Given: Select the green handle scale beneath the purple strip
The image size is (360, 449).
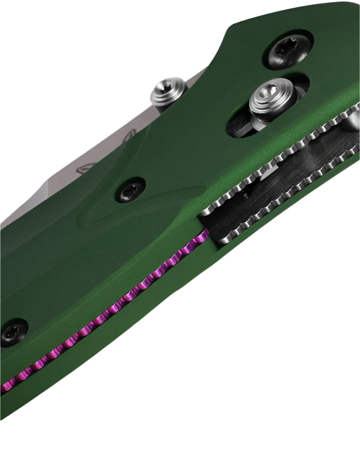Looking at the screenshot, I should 117,347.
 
